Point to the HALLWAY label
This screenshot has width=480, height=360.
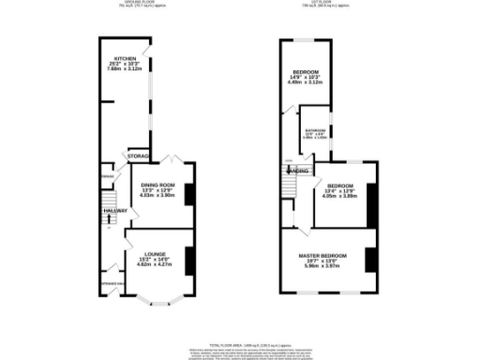click(x=114, y=212)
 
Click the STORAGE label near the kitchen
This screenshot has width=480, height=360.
click(x=140, y=155)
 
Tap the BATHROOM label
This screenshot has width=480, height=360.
click(x=314, y=130)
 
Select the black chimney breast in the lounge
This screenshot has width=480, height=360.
click(x=190, y=259)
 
